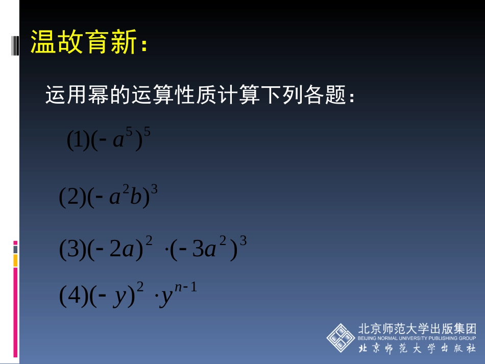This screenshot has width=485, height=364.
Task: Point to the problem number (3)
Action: (71, 251)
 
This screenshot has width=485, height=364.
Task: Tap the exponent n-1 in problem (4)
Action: (185, 287)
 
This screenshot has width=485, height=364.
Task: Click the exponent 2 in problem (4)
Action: (140, 289)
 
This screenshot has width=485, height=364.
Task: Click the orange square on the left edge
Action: (15, 260)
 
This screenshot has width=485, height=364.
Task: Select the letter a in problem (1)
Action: (118, 141)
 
